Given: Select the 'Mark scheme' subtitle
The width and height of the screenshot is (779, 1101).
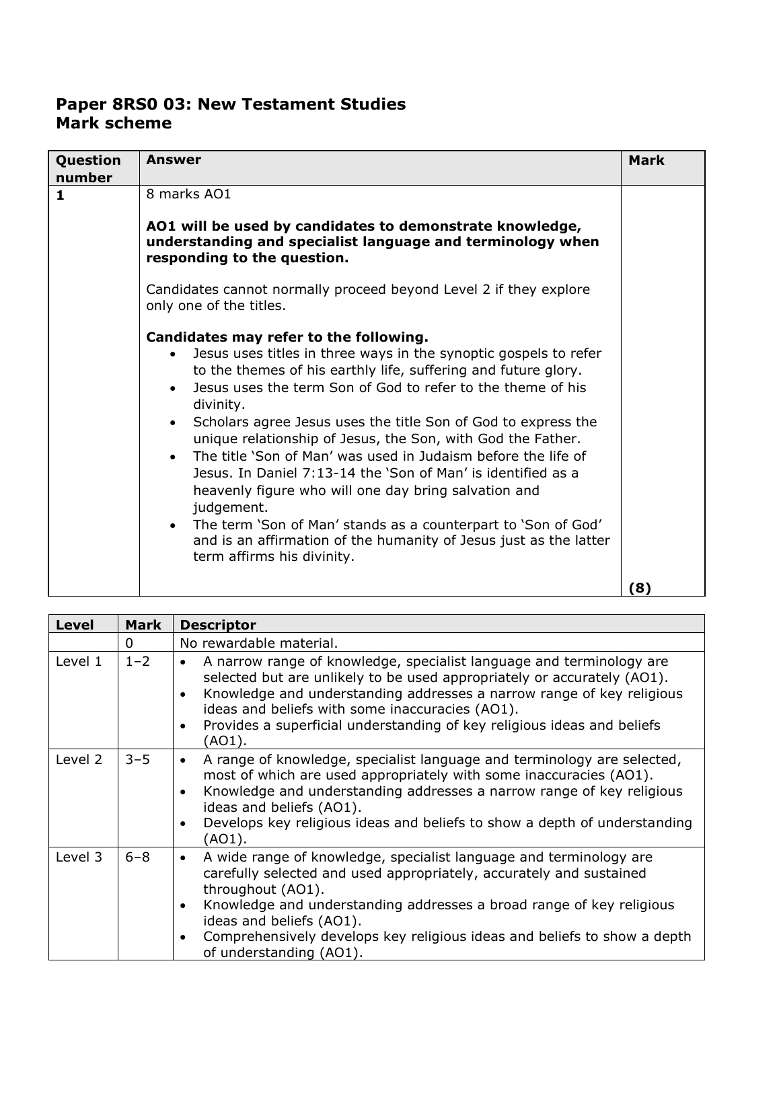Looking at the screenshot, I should click(114, 124).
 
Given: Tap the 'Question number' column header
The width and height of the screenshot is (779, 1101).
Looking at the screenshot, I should click(88, 169).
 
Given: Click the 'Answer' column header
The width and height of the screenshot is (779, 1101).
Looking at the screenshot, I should click(174, 160).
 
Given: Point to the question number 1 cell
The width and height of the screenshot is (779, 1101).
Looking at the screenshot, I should click(61, 196).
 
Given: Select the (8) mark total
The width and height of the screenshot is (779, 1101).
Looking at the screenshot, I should click(640, 588).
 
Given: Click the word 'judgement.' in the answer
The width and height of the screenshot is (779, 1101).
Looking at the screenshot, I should click(226, 508).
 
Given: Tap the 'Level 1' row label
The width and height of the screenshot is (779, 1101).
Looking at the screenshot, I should click(79, 662).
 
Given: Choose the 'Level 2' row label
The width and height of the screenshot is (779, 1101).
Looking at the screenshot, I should click(79, 760).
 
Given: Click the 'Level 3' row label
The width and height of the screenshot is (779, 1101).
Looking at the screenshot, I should click(79, 858).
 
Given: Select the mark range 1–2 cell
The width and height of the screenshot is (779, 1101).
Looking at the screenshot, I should click(137, 662).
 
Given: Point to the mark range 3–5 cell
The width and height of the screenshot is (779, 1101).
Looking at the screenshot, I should click(137, 760).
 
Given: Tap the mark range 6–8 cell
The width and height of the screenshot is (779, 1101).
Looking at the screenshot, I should click(137, 858).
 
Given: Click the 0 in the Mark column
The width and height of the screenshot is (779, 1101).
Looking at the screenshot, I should click(128, 643).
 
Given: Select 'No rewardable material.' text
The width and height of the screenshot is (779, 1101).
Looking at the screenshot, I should click(259, 643).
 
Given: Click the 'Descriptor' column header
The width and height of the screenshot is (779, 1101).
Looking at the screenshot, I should click(218, 625).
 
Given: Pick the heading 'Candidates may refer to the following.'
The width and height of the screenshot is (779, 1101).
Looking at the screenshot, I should click(287, 337).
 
